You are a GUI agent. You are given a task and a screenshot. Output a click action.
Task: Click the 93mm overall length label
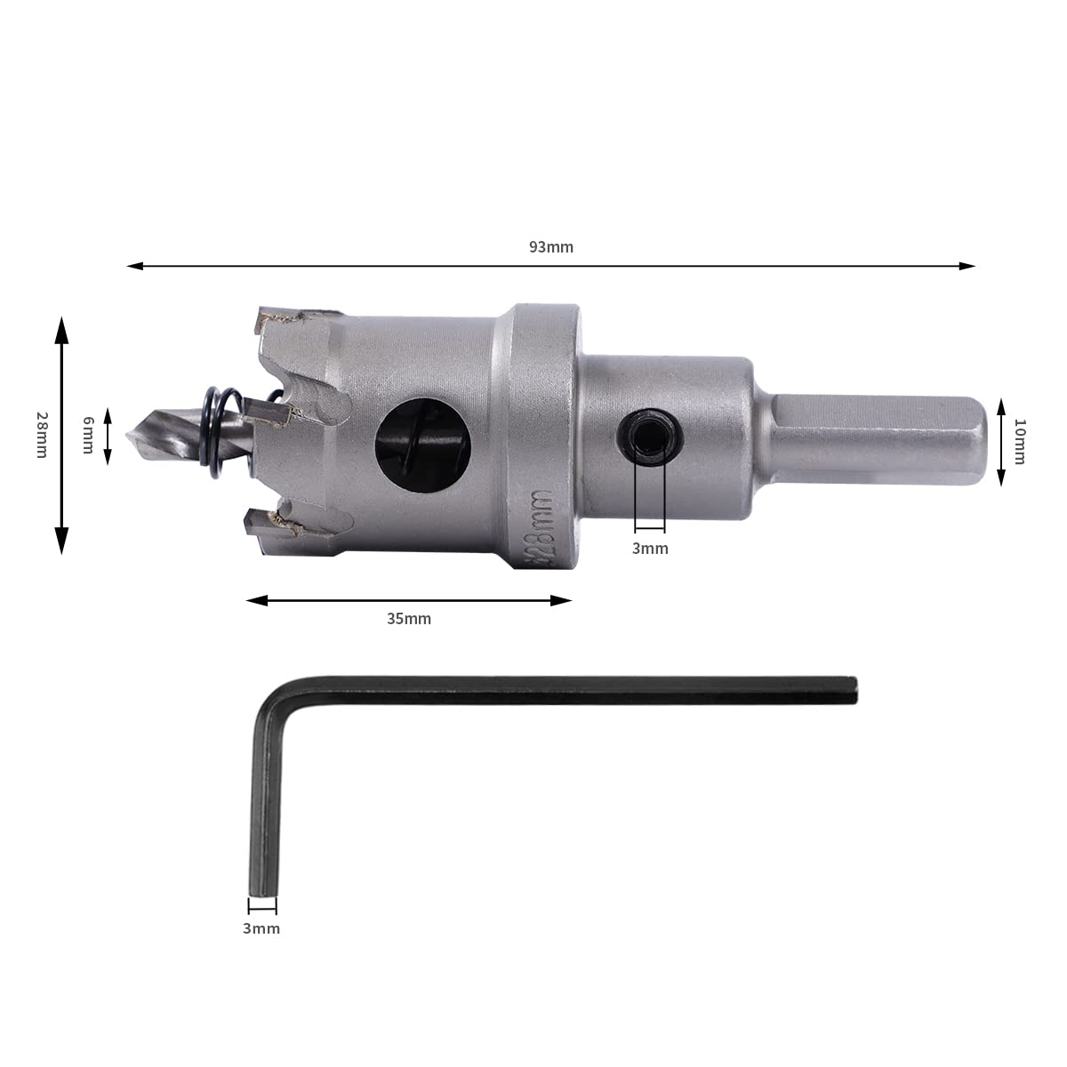(x=551, y=247)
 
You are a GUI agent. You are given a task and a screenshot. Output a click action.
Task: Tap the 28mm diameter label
(x=42, y=435)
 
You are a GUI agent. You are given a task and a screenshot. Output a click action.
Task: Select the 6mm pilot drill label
(x=88, y=435)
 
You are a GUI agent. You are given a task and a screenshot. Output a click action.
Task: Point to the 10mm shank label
(x=1020, y=441)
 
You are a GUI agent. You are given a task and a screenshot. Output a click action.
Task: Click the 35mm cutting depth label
(x=409, y=619)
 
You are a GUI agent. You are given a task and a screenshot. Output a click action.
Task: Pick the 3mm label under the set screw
(x=650, y=549)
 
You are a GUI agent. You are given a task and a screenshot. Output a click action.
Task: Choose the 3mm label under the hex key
(x=261, y=928)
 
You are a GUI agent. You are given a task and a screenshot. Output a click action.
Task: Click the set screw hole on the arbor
(x=650, y=437)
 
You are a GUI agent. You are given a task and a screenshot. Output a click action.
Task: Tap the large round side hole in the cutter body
(x=423, y=445)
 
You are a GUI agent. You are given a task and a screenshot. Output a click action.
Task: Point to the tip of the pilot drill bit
(x=128, y=436)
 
